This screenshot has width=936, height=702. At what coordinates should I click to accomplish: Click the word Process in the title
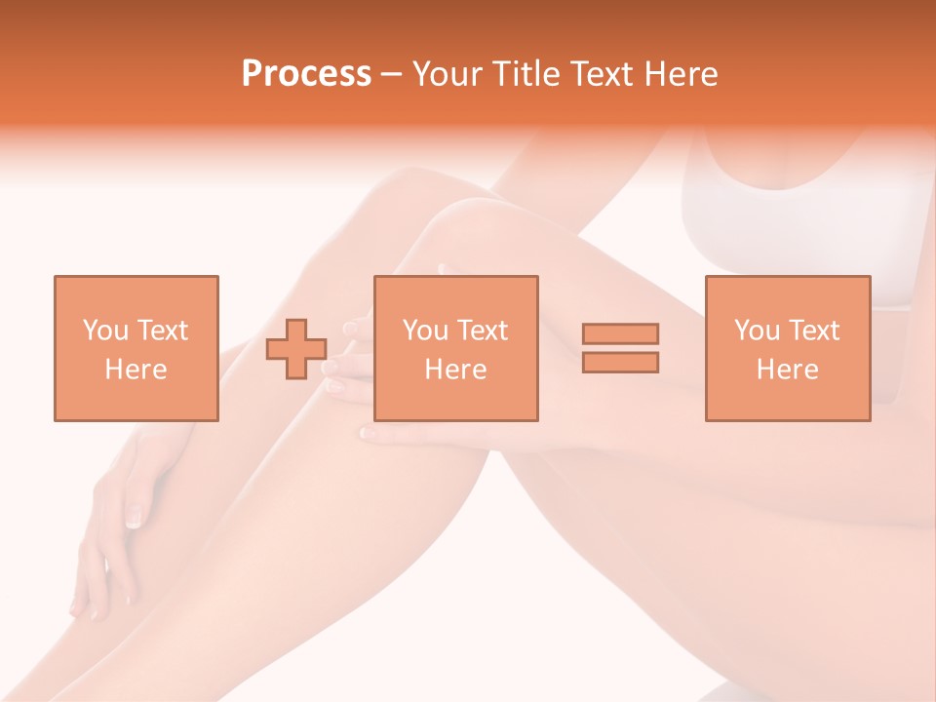pyautogui.click(x=306, y=74)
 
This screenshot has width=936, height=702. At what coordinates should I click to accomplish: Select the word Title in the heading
pyautogui.click(x=527, y=74)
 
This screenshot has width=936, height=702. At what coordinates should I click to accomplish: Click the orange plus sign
pyautogui.click(x=296, y=349)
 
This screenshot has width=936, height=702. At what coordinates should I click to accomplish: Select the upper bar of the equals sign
pyautogui.click(x=620, y=333)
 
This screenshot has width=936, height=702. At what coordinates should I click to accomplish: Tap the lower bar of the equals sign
pyautogui.click(x=620, y=362)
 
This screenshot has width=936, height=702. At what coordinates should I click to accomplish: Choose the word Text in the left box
pyautogui.click(x=163, y=331)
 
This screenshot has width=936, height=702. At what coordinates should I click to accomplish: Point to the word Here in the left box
pyautogui.click(x=136, y=370)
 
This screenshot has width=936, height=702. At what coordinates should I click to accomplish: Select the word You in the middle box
pyautogui.click(x=426, y=331)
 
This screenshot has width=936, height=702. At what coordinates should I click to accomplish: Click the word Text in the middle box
pyautogui.click(x=483, y=331)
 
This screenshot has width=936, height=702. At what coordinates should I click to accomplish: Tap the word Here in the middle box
pyautogui.click(x=455, y=370)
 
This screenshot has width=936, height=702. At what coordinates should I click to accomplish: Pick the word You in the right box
pyautogui.click(x=758, y=331)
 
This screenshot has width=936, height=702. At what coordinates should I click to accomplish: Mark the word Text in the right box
pyautogui.click(x=814, y=331)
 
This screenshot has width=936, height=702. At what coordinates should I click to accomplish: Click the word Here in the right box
pyautogui.click(x=787, y=370)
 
